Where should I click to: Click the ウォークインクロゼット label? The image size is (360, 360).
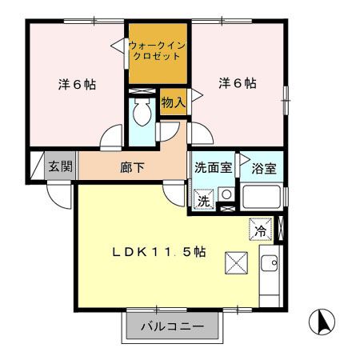(157, 53)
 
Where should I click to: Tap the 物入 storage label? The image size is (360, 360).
(173, 102)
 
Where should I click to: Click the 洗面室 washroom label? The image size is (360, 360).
(214, 168)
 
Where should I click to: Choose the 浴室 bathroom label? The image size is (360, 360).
(264, 170)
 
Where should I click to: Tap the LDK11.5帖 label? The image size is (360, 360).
(158, 252)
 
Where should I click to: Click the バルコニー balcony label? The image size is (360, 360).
(170, 327)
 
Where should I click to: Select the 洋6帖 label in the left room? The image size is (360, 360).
(76, 84)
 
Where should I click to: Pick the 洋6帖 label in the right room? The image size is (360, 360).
(237, 83)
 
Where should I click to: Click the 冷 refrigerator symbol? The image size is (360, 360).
(260, 229)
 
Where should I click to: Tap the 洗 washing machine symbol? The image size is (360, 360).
(204, 201)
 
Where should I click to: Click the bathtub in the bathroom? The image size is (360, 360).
(261, 196)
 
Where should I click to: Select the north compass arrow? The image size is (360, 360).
(322, 322)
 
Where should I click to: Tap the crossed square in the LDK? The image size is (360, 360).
(237, 261)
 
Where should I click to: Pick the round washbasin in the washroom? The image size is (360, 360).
(226, 195)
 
